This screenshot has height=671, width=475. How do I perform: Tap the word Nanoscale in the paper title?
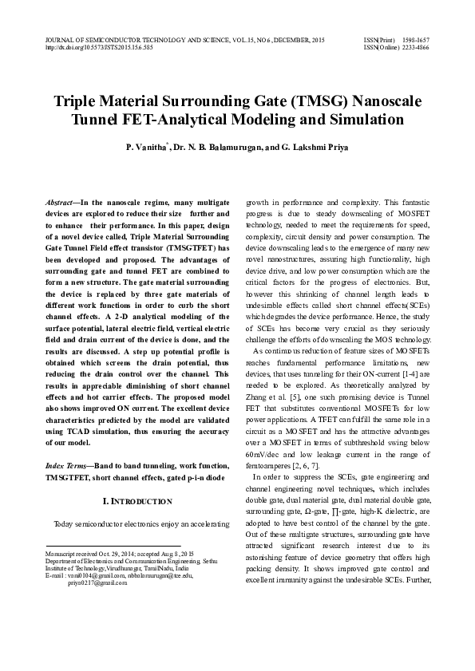(377, 103)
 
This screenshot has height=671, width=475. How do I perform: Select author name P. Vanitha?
(145, 148)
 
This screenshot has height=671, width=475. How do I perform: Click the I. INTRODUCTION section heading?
(137, 501)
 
